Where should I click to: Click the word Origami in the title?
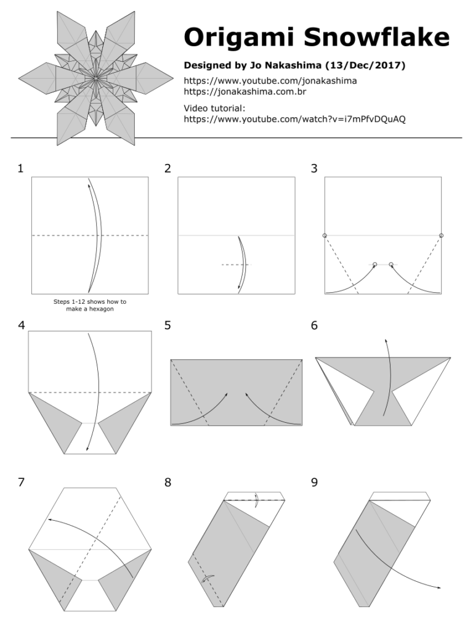(230, 38)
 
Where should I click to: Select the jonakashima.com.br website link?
(245, 92)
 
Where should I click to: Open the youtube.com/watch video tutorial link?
(294, 119)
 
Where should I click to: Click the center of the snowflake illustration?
(96, 78)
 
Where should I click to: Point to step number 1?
(21, 168)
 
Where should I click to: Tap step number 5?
(168, 325)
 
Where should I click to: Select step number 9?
(315, 483)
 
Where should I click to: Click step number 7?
(21, 483)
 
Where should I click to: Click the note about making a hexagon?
(90, 305)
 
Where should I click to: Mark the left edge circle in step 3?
(325, 235)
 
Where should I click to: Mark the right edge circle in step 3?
(442, 235)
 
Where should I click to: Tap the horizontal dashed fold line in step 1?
(62, 235)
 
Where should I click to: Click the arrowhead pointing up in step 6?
(386, 339)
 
